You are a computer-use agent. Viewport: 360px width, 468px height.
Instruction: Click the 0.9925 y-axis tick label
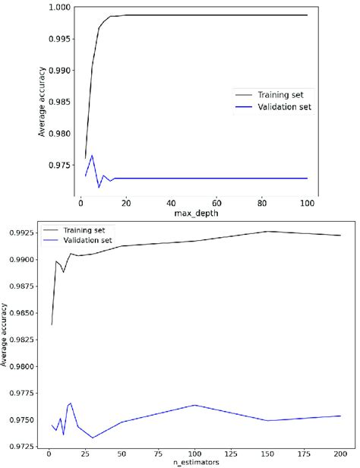pyautogui.click(x=21, y=228)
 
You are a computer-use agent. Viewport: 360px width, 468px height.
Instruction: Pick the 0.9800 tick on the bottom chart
pyautogui.click(x=21, y=366)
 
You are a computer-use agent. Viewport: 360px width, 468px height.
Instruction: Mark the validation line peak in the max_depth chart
pyautogui.click(x=92, y=156)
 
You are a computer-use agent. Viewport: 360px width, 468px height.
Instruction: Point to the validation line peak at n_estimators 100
pyautogui.click(x=194, y=405)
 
